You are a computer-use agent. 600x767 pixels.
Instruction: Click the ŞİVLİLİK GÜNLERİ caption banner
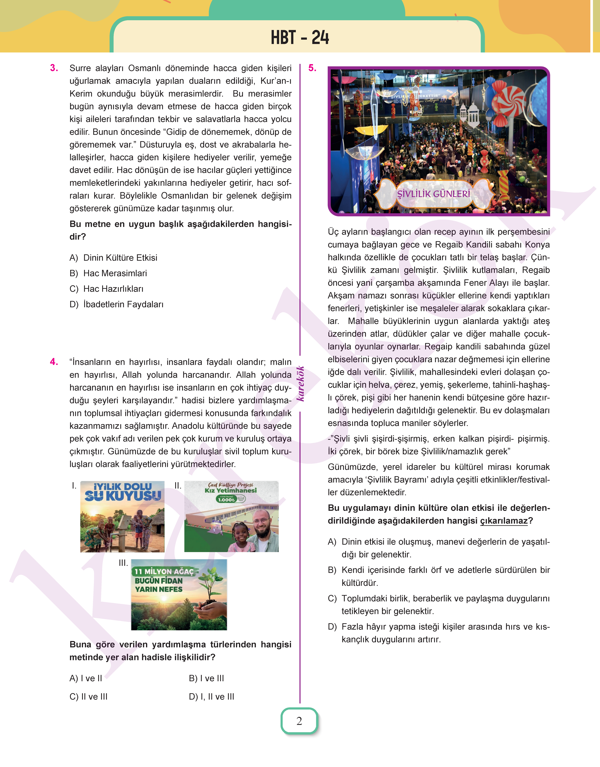click(434, 194)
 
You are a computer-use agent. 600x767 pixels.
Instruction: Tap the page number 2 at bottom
click(299, 721)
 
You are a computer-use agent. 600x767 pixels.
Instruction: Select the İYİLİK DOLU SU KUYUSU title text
click(123, 491)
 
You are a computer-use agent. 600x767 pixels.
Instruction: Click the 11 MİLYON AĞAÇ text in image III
click(164, 572)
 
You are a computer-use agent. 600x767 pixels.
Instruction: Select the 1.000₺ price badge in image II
click(227, 499)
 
